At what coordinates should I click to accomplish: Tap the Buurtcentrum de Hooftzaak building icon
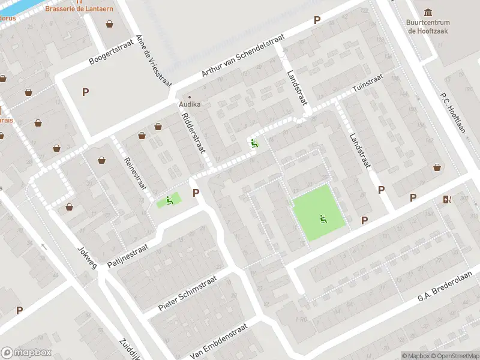click(428, 13)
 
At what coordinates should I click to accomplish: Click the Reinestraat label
click(134, 172)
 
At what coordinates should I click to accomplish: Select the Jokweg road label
click(87, 256)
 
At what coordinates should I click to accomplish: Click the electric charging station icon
click(446, 199)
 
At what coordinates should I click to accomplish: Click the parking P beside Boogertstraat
click(85, 92)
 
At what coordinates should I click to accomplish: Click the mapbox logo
click(26, 353)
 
